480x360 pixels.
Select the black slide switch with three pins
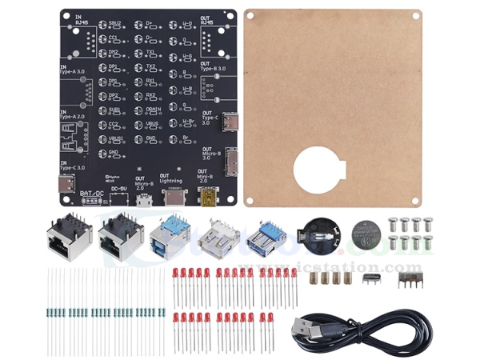[412, 278]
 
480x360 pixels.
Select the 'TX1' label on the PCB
[150, 51]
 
